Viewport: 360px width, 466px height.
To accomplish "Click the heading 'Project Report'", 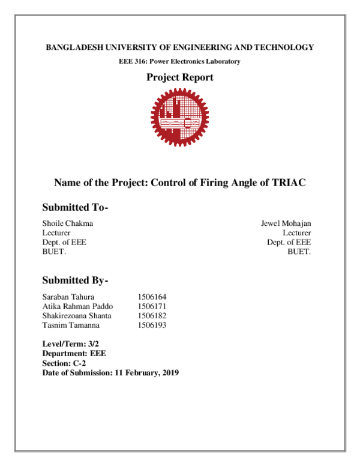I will pos(180,77).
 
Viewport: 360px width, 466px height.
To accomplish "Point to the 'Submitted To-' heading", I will pos(75,208).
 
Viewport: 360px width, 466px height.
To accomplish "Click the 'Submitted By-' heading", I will pos(75,280).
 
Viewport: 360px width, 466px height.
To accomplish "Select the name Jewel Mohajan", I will pos(286,223).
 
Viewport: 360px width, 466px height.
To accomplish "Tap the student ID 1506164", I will pos(151,297).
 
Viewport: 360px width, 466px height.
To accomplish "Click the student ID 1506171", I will pos(151,306).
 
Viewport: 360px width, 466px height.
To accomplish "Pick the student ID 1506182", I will pos(151,315).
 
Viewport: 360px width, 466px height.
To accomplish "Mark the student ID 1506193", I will pos(151,325).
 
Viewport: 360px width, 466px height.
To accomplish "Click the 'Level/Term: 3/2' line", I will pos(70,344).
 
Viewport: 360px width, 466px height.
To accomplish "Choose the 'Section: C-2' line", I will pos(64,363).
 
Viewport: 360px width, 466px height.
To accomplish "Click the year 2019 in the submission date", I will pos(169,373).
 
